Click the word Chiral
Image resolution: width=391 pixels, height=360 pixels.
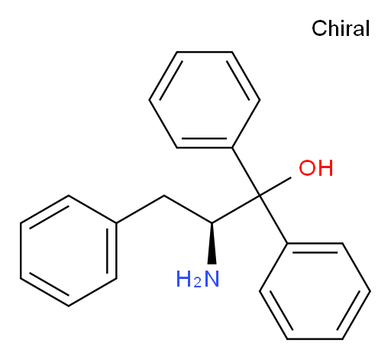(341, 28)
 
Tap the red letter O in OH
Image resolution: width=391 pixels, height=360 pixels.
(307, 168)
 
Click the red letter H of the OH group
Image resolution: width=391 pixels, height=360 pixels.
(325, 168)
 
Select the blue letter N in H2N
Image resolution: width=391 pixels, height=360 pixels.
(212, 279)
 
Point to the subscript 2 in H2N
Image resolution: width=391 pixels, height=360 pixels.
(197, 283)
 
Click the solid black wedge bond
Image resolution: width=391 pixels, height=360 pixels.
(212, 243)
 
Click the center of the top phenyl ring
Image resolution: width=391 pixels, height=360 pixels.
(205, 99)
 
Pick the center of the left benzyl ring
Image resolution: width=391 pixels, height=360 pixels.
(69, 251)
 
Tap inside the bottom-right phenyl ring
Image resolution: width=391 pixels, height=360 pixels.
(315, 291)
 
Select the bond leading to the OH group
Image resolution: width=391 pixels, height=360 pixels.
(276, 186)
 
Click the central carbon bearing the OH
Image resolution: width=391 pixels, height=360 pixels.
(260, 196)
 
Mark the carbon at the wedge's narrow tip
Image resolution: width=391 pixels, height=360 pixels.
(212, 223)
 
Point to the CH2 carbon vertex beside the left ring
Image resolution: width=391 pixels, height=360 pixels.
(164, 196)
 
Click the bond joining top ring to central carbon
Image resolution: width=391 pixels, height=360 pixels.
(246, 171)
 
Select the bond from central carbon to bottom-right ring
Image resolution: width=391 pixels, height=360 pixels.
(273, 219)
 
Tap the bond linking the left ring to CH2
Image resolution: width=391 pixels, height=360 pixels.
(141, 209)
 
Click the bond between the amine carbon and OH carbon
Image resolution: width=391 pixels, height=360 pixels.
(236, 209)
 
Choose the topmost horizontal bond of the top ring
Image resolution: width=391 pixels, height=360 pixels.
(205, 52)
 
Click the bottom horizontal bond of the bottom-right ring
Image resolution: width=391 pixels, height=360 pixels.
(315, 339)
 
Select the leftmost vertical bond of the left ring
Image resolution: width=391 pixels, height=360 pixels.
(21, 251)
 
